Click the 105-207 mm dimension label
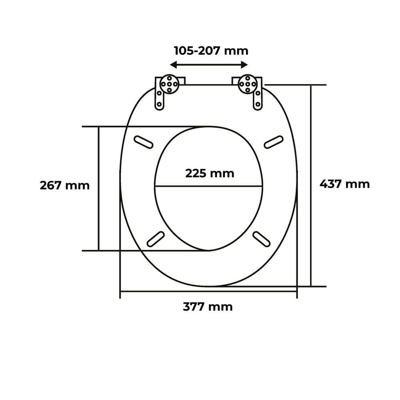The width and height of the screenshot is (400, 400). [x=211, y=51]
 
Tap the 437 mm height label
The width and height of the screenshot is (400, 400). [x=344, y=184]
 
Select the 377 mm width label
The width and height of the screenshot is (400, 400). [x=208, y=307]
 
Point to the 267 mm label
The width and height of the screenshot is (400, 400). [x=65, y=186]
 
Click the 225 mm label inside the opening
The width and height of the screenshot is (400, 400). [x=210, y=174]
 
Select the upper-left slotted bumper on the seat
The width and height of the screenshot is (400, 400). [x=143, y=142]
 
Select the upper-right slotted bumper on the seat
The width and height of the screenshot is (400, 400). [x=274, y=142]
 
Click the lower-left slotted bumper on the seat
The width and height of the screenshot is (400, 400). [x=155, y=239]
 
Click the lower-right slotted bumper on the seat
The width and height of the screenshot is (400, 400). [x=262, y=239]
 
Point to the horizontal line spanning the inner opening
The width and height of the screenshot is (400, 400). [x=208, y=186]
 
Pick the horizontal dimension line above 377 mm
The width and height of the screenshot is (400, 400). [x=208, y=292]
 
